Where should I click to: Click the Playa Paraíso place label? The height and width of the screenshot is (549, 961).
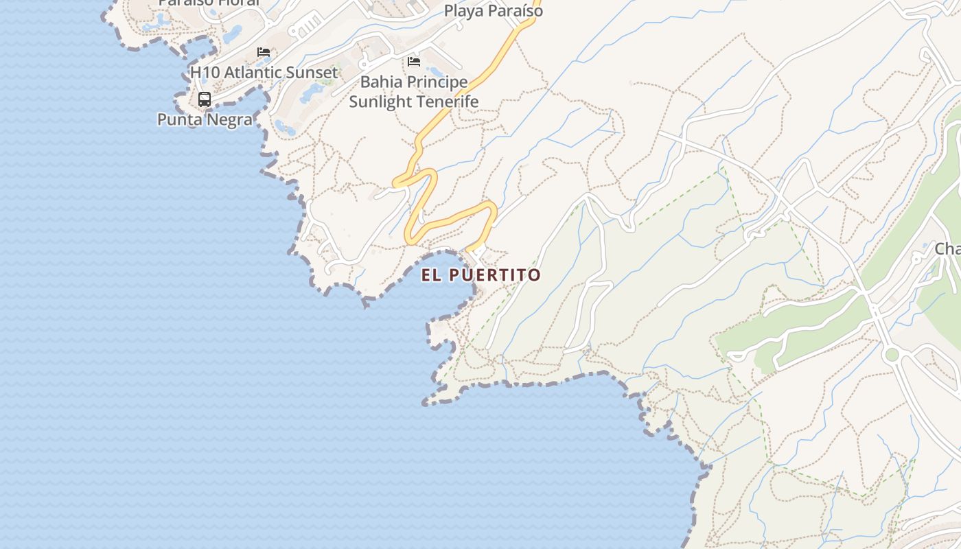[493, 11]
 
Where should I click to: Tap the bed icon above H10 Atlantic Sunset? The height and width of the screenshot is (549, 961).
[264, 52]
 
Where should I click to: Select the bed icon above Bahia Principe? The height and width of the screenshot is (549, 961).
[413, 62]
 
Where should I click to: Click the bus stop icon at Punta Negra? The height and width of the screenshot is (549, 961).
[205, 99]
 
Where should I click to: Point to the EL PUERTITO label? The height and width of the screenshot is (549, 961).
[480, 275]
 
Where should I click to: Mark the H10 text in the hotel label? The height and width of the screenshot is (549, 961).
[203, 72]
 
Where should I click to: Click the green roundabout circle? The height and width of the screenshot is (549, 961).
[892, 354]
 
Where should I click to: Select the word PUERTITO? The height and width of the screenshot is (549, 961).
[495, 275]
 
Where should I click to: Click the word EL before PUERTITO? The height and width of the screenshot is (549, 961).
[430, 275]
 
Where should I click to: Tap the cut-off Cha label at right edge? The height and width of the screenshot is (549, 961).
[947, 249]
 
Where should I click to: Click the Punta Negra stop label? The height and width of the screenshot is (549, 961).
[205, 119]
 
